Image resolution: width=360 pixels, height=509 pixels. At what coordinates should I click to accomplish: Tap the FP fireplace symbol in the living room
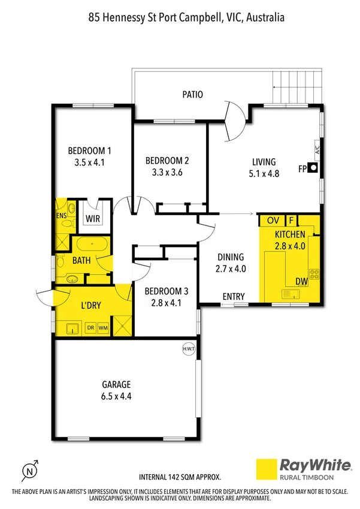[x=312, y=169]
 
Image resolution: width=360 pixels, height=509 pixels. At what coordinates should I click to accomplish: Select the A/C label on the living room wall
[x=317, y=149]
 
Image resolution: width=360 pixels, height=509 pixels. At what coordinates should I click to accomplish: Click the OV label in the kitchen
[x=273, y=220]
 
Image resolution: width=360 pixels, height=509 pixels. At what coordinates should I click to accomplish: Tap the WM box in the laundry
[x=103, y=328]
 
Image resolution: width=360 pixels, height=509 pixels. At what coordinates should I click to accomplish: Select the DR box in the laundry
[x=90, y=328]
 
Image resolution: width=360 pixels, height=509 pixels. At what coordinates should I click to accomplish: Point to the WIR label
[x=93, y=218]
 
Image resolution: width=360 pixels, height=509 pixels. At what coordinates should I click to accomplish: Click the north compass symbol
[x=31, y=470]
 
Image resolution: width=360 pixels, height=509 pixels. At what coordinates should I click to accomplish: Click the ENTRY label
[x=233, y=297]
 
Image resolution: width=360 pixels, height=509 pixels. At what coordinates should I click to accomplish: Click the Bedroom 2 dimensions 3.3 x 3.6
[x=167, y=171]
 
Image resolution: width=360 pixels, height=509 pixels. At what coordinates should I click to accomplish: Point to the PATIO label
[x=193, y=94]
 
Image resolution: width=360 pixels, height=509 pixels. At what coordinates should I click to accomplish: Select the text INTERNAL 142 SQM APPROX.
[x=180, y=477]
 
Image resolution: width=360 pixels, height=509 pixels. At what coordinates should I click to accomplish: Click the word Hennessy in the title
[x=125, y=18]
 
